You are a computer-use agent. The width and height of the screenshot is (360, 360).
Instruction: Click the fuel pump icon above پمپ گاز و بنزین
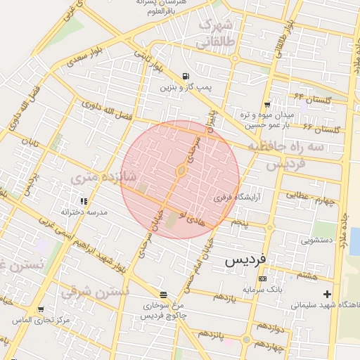[x=185, y=77]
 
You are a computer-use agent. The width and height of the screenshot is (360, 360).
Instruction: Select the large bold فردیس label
[x=245, y=260]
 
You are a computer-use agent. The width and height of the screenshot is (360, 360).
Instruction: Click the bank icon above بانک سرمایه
[x=262, y=278]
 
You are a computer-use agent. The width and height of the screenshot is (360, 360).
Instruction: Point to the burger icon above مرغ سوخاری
[x=163, y=295]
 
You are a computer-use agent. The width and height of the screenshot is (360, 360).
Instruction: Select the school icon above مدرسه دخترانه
[x=84, y=201]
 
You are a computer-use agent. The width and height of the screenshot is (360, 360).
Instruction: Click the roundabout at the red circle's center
[x=181, y=171]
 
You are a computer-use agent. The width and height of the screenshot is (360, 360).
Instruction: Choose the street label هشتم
[x=307, y=275]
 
